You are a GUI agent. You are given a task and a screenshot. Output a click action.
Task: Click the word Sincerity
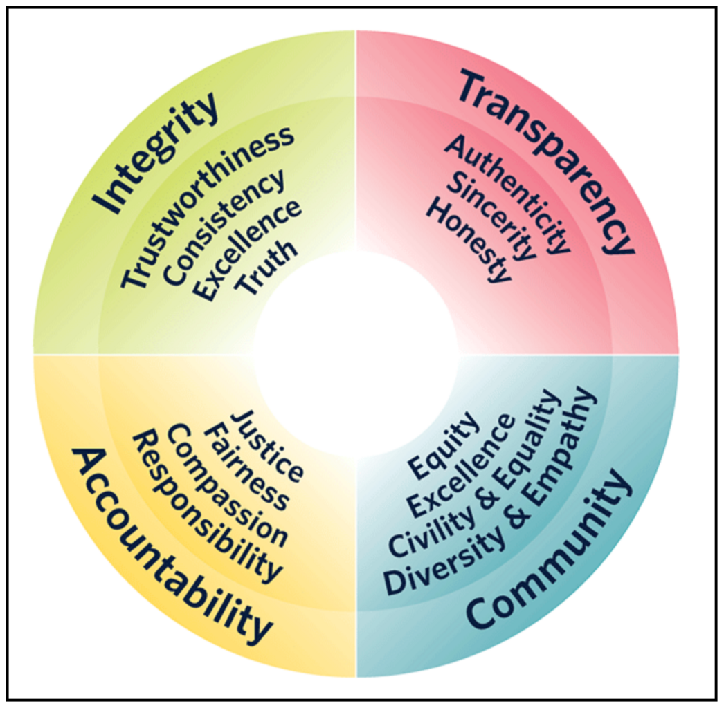(491, 218)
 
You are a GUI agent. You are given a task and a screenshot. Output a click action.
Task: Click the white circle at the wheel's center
(356, 354)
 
